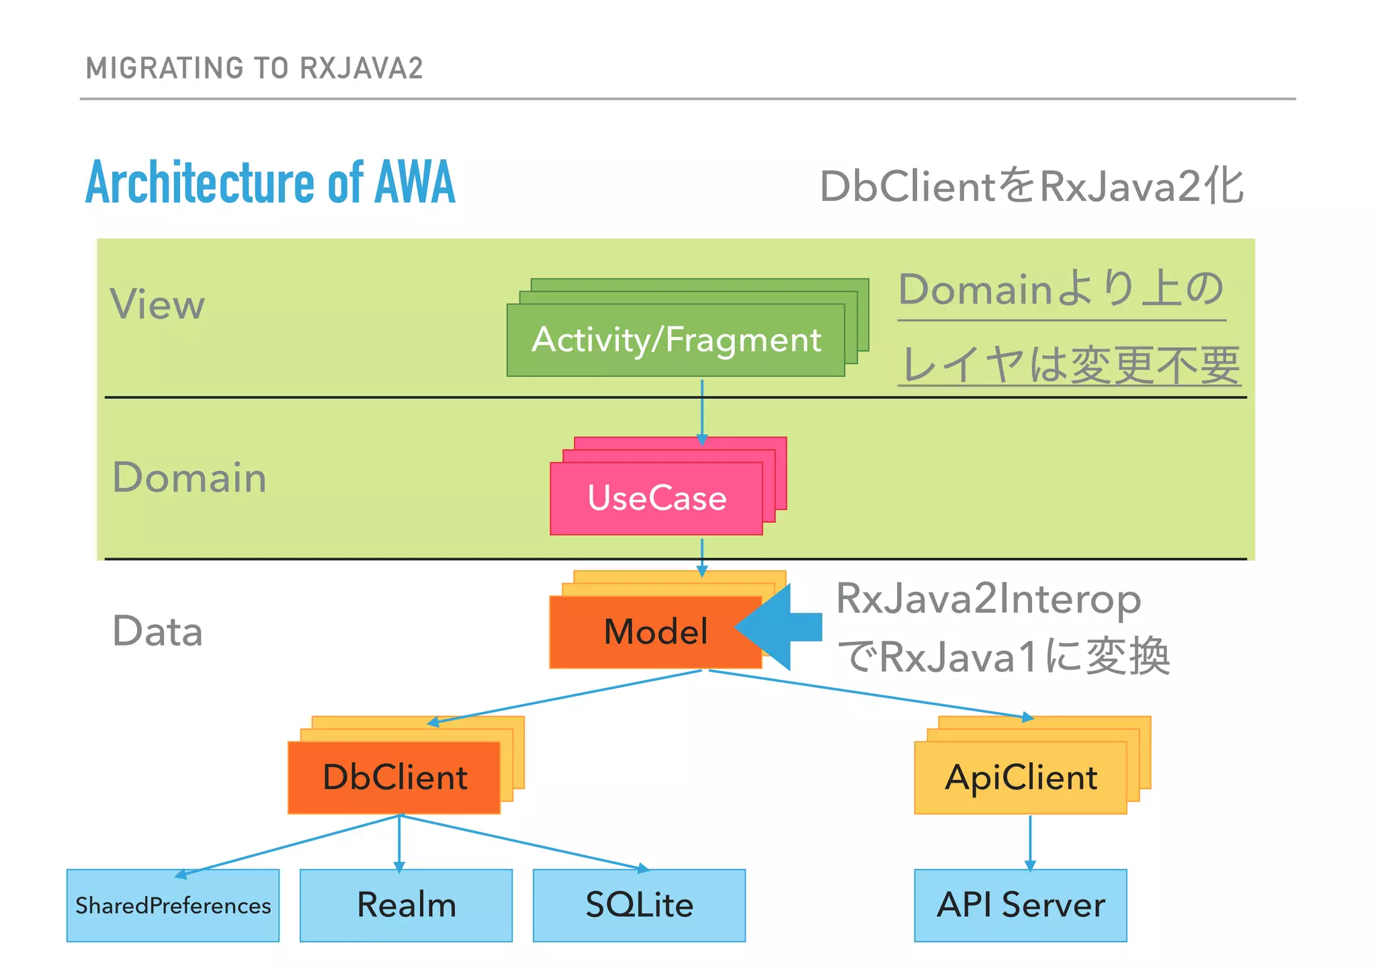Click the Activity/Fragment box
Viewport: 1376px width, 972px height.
pos(675,340)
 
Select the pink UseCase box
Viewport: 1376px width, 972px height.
pos(656,498)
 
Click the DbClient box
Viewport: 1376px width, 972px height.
pos(394,777)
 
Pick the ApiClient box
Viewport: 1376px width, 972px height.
pos(1020,777)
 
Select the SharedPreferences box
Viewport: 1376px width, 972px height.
pos(173,905)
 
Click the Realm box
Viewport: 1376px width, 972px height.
pos(406,905)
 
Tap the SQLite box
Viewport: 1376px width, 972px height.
pos(639,905)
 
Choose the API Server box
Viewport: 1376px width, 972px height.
pos(1020,905)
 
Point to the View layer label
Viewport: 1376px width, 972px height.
pos(157,304)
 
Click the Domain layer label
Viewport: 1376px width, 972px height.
pos(189,478)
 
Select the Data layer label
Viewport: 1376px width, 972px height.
pos(157,631)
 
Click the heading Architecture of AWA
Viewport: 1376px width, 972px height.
pos(270,183)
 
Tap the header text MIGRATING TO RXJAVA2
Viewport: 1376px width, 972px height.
pos(255,69)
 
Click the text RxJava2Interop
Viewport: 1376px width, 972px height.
pos(988,599)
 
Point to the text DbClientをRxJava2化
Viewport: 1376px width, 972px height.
pos(1031,186)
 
